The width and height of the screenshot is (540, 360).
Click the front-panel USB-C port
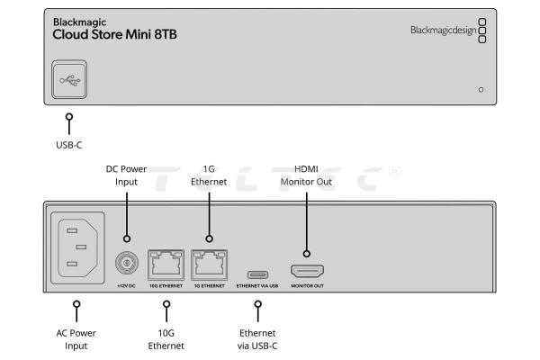pos(69,79)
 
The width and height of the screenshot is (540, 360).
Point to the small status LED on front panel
pos(481,90)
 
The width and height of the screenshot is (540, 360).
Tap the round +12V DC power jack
pos(125,264)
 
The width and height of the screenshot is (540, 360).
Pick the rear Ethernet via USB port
pos(257,271)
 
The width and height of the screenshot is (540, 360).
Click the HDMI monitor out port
pos(306,270)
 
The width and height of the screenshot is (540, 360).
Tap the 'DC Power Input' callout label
pos(126,175)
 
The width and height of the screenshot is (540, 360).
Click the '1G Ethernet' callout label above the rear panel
pos(208,175)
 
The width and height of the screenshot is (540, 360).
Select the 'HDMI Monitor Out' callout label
pos(306,175)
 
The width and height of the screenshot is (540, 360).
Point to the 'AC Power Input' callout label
pos(76,338)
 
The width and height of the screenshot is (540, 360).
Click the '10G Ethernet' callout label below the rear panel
pos(166,338)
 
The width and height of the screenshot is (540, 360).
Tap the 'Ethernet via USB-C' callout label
pos(257,338)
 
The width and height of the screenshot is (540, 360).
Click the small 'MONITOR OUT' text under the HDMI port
pos(306,286)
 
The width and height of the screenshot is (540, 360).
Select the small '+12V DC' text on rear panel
pos(125,286)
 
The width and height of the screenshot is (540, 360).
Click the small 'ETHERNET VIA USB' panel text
pos(257,286)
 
